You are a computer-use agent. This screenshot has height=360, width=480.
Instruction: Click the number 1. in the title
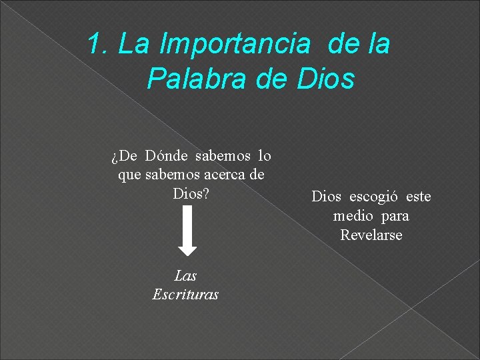[x=99, y=45]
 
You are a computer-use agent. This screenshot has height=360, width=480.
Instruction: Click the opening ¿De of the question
[x=124, y=156]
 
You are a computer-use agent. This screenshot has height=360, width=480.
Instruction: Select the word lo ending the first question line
[x=264, y=156]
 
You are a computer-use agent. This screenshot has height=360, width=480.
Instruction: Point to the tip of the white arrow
[x=188, y=254]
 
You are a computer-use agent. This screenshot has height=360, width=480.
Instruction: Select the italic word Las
[x=185, y=275]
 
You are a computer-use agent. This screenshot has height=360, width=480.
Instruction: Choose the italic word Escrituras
[x=185, y=294]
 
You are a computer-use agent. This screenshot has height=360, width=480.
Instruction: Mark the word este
[x=418, y=197]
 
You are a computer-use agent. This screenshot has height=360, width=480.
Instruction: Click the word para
[x=397, y=216]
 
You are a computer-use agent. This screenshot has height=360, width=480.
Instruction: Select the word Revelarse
[x=371, y=235]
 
